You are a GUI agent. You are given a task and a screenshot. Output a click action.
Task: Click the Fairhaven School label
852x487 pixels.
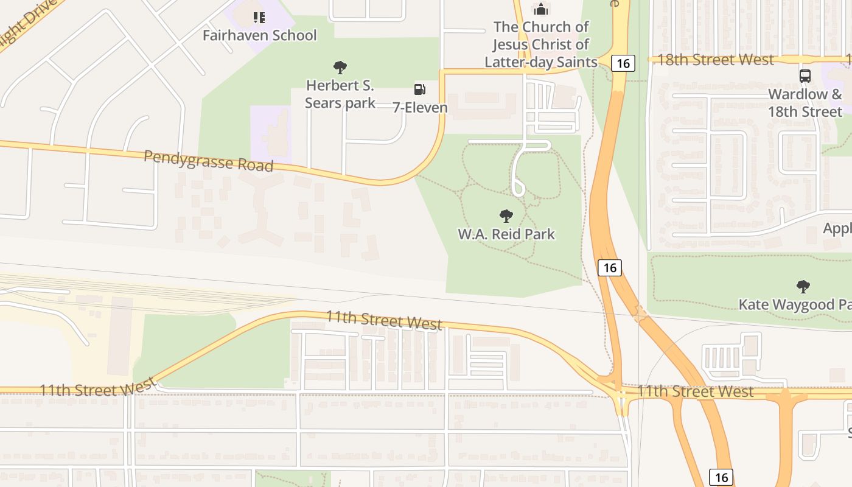point(259,35)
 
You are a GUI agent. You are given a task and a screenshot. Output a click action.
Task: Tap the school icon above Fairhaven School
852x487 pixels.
point(259,18)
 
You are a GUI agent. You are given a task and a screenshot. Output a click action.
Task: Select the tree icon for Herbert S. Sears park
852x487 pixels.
point(340,68)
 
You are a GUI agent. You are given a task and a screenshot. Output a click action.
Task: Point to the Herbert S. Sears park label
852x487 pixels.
point(340,94)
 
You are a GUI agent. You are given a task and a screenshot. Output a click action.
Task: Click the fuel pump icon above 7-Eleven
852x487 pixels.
point(419,89)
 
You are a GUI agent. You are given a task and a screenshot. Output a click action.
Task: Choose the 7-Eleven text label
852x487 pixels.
point(420,108)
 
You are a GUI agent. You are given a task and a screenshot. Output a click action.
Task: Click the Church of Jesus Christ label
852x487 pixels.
point(541,44)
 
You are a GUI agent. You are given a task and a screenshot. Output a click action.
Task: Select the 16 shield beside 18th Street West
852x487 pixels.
point(624,63)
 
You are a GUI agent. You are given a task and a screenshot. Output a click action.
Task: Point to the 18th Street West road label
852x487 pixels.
point(716,60)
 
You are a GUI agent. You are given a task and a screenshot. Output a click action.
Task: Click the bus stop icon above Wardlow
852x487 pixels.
point(805,76)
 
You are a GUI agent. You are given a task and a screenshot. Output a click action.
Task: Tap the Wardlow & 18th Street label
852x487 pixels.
point(805,103)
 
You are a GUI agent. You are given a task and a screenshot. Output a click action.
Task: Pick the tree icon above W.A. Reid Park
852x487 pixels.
point(506,215)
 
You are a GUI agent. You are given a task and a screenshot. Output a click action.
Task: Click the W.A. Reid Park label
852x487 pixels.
point(506,234)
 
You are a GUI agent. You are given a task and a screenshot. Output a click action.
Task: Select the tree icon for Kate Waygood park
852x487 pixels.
point(803,286)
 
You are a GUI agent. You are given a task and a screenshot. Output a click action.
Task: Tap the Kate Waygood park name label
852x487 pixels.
point(794,304)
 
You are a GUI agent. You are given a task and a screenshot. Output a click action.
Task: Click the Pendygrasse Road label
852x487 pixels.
point(208,161)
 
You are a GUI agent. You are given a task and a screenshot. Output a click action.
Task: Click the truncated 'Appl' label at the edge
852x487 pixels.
point(837,229)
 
